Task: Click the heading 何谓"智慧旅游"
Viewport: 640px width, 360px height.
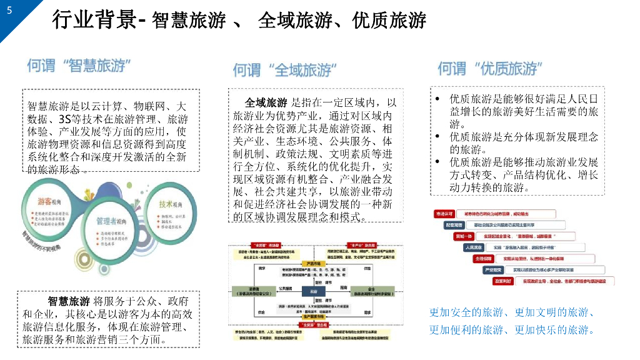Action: (79, 66)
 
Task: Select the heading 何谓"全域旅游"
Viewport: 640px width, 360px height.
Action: (282, 69)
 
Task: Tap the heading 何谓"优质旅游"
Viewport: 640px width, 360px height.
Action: (489, 68)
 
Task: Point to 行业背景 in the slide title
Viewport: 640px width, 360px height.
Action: (94, 21)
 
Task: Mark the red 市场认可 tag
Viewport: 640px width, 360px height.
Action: (444, 214)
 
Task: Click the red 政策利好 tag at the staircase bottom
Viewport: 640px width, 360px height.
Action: (504, 281)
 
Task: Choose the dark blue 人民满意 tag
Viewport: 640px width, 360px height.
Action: (474, 247)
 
